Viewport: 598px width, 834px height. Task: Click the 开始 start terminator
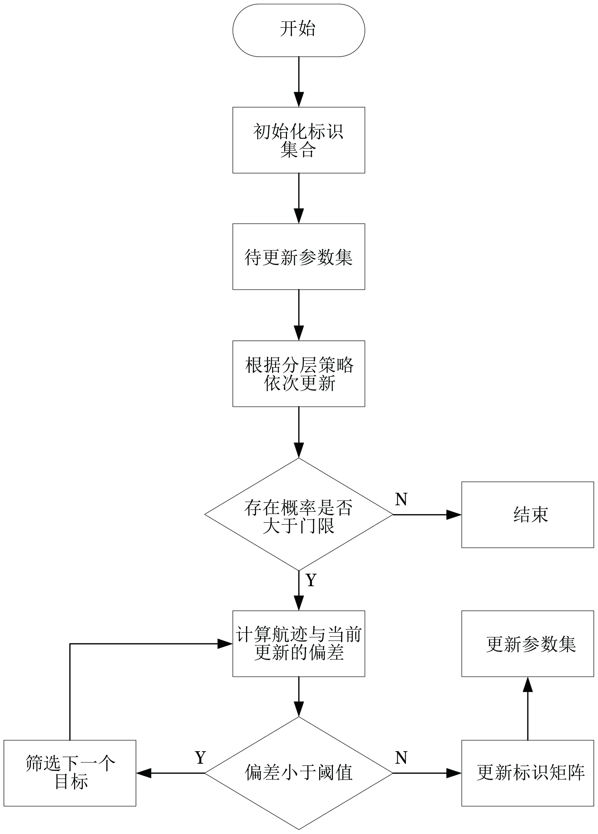(299, 30)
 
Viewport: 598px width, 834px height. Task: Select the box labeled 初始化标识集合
(299, 140)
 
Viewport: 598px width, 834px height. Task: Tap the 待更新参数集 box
(299, 257)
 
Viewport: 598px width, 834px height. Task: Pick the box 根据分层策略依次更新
(299, 374)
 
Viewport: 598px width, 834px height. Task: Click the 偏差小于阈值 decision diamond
(299, 773)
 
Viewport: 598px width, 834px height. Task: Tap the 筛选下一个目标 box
(70, 773)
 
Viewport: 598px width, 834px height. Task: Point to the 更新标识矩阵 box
(528, 773)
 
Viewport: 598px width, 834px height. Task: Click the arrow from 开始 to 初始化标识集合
(299, 82)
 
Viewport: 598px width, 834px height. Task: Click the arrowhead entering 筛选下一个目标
(144, 773)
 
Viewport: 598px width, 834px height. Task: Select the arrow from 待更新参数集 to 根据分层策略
(299, 315)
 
